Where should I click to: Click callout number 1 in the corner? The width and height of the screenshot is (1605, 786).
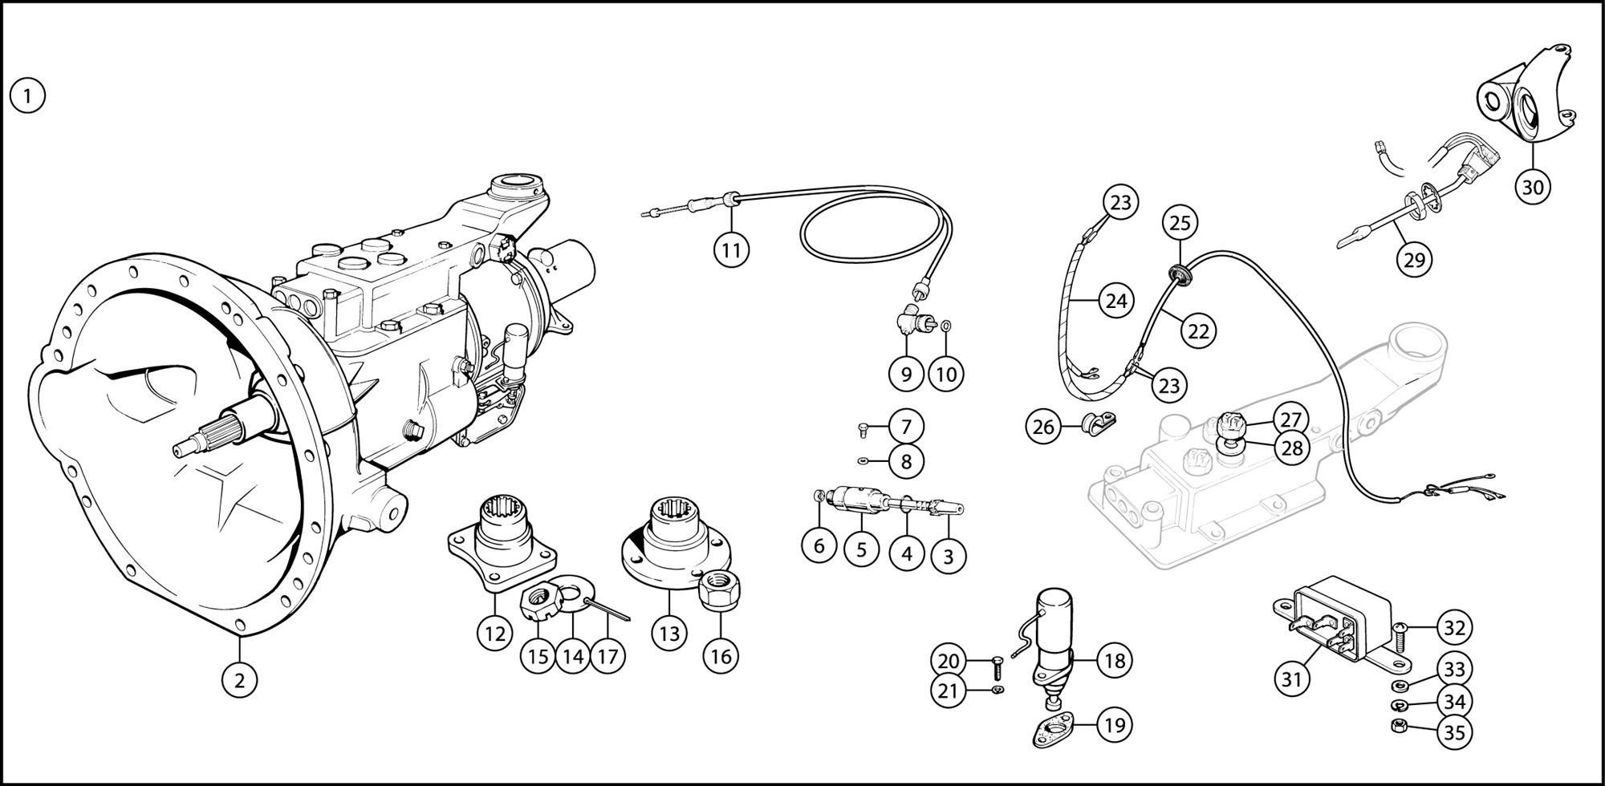pyautogui.click(x=27, y=97)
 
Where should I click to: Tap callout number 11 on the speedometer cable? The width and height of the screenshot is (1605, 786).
pyautogui.click(x=730, y=249)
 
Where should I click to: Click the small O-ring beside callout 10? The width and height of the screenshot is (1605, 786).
pyautogui.click(x=946, y=326)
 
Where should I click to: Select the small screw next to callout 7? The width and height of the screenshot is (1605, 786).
pyautogui.click(x=863, y=428)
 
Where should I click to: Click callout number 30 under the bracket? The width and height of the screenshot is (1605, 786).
pyautogui.click(x=1532, y=187)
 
